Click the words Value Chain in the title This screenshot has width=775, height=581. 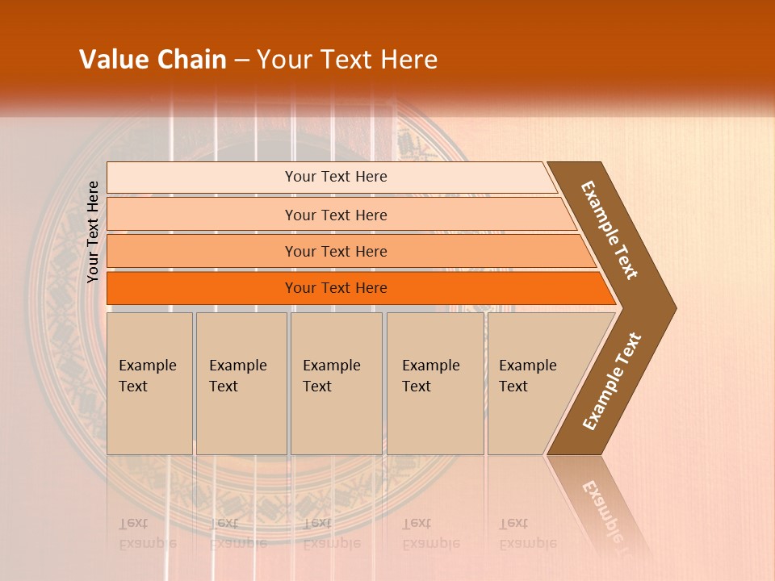[x=153, y=60]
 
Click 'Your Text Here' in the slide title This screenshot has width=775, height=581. [x=347, y=60]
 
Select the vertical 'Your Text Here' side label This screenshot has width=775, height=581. [x=93, y=232]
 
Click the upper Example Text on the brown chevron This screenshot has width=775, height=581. [x=610, y=230]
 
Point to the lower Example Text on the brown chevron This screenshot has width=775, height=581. [x=612, y=382]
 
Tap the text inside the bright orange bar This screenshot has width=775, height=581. [x=336, y=288]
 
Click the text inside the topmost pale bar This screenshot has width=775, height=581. [x=336, y=177]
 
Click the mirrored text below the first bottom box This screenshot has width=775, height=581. [x=147, y=533]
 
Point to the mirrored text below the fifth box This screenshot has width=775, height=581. [x=527, y=533]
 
